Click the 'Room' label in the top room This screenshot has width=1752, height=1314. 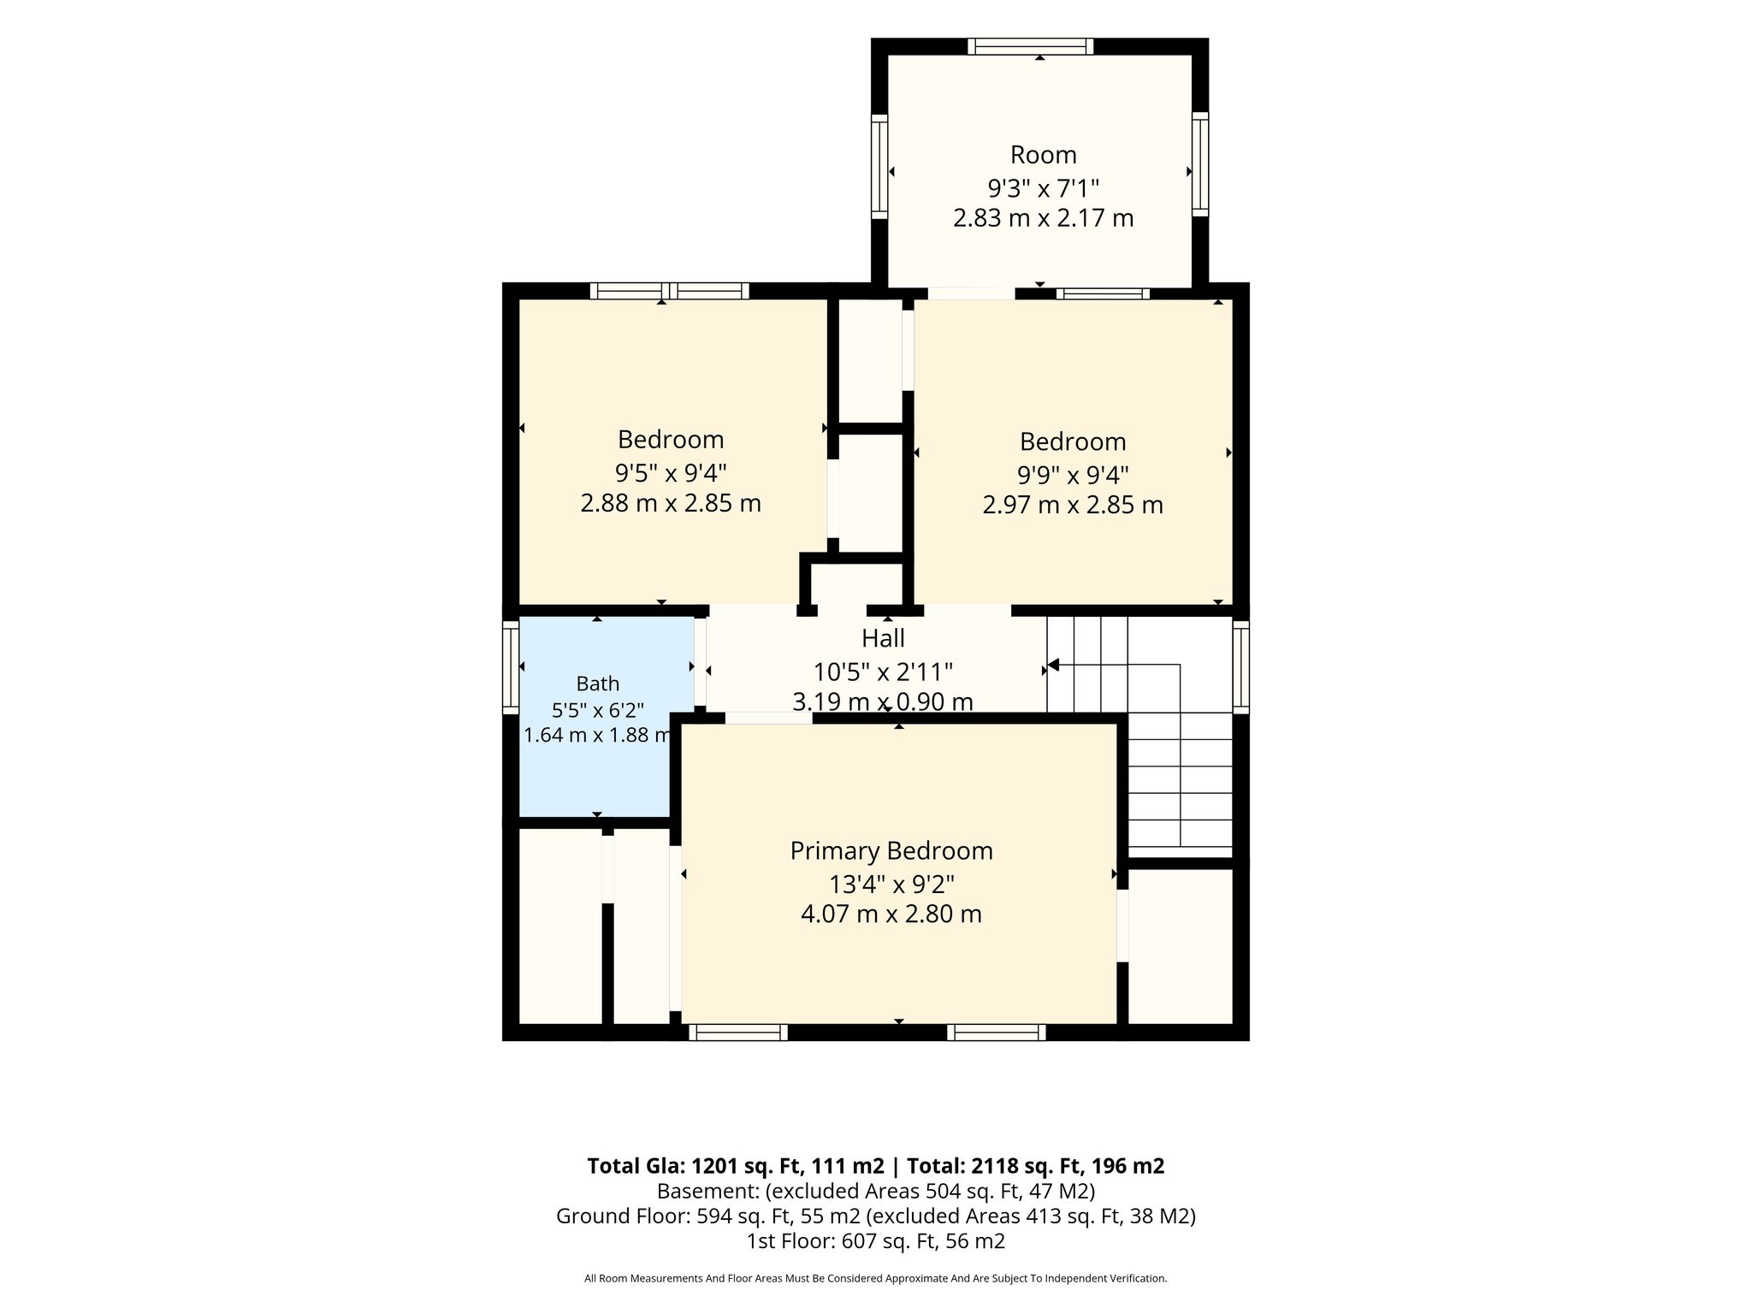1043,155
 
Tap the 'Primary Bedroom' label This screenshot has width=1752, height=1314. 891,851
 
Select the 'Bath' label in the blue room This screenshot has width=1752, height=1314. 598,684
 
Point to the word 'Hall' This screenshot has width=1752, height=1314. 883,638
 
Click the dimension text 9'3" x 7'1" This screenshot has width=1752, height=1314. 1043,186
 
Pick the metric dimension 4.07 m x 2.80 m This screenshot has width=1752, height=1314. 891,914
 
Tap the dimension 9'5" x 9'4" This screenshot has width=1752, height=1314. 672,471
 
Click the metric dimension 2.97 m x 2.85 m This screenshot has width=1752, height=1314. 1073,505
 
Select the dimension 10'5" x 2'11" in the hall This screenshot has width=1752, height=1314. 883,671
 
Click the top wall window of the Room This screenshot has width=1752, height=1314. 1031,46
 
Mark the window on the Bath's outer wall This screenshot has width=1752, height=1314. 511,667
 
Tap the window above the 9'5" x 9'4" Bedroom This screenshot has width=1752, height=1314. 670,291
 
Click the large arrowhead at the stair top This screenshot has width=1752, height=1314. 1054,665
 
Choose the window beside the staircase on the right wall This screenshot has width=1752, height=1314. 1240,667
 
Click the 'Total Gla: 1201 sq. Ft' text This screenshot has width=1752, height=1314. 736,1166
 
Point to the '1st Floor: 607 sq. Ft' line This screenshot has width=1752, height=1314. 876,1240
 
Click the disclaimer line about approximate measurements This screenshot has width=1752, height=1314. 876,1278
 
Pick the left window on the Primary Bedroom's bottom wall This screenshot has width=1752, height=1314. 738,1033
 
